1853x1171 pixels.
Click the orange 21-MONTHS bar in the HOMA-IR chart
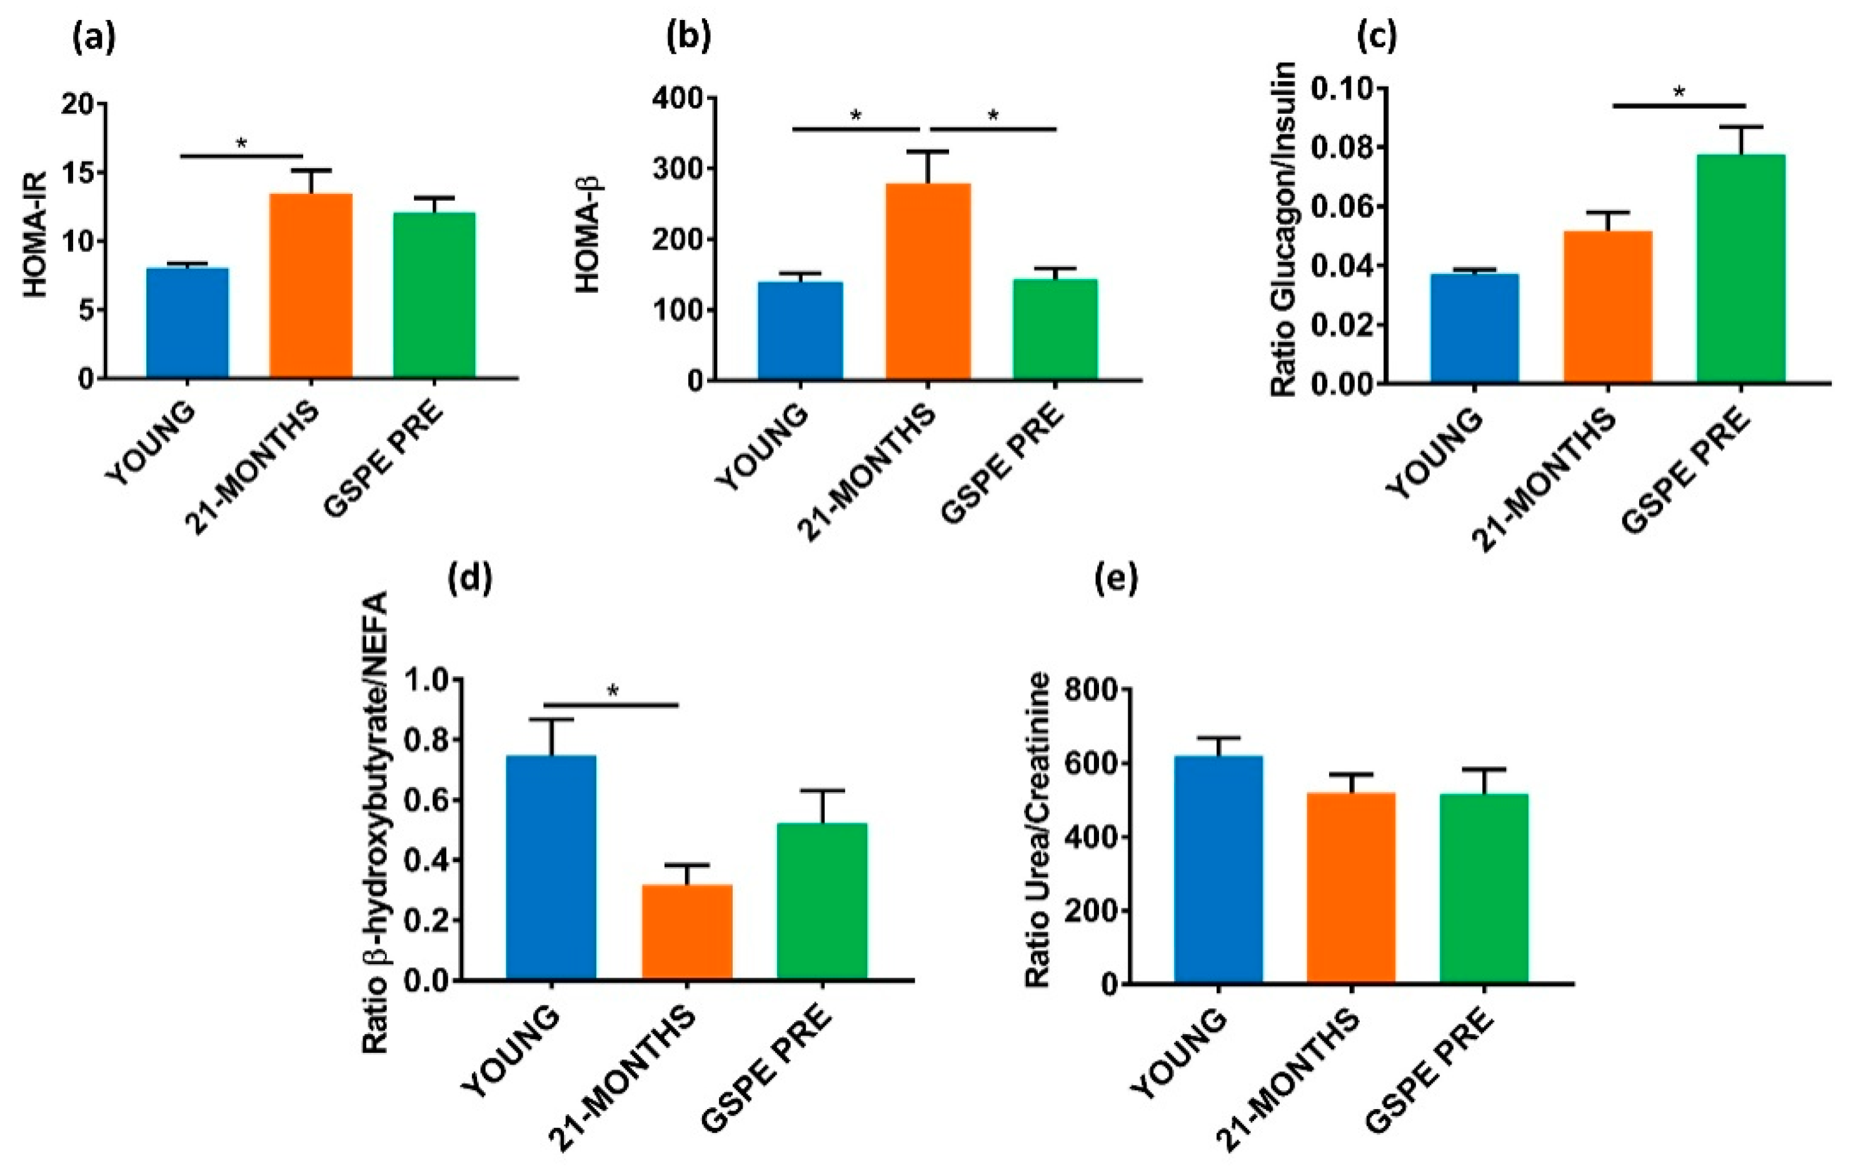coord(311,285)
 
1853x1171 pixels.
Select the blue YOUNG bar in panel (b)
coord(800,331)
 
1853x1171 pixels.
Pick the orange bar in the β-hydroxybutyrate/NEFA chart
coord(686,932)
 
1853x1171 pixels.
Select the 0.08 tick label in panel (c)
coord(1340,147)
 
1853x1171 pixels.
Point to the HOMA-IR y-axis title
coord(34,235)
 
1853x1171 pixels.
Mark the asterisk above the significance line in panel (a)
coord(242,143)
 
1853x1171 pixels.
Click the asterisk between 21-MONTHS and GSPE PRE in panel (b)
coord(993,116)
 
